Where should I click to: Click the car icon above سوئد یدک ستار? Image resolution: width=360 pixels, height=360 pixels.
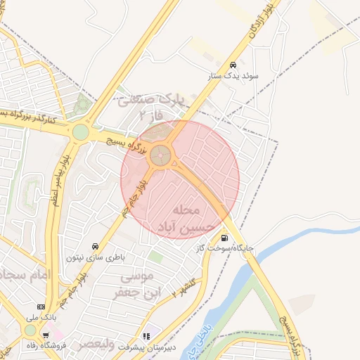coord(233,63)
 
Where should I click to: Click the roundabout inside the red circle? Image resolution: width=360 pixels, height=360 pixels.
coord(162,155)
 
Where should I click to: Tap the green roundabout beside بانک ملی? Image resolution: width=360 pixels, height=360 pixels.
coord(30,330)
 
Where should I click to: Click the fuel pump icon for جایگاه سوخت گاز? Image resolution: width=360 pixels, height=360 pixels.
coord(224,237)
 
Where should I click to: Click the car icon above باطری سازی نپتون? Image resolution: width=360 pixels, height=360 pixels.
coord(95,246)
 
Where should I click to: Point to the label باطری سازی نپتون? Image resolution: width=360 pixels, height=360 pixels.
coord(95,257)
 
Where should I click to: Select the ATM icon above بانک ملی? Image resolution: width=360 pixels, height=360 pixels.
coord(40,307)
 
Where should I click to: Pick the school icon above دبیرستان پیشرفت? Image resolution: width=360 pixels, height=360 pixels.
coord(146,336)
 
